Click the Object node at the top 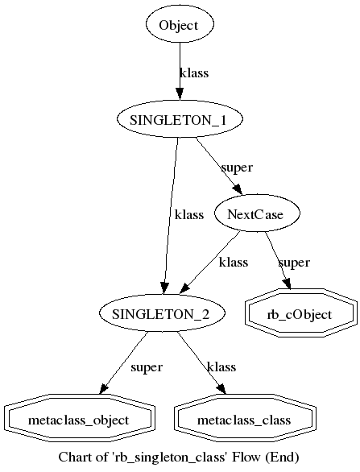click(178, 25)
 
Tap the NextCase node click(258, 213)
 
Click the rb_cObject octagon click(300, 314)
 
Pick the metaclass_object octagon click(78, 420)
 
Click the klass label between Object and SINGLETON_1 click(193, 73)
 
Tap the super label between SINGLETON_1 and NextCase click(237, 168)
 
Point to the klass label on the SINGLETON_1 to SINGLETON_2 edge click(188, 215)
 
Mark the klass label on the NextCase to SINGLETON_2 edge click(234, 263)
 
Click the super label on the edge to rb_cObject click(294, 263)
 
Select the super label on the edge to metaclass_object click(146, 367)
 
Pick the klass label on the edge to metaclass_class click(221, 367)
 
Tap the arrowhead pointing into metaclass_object click(106, 391)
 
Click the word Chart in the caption click(75, 458)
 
